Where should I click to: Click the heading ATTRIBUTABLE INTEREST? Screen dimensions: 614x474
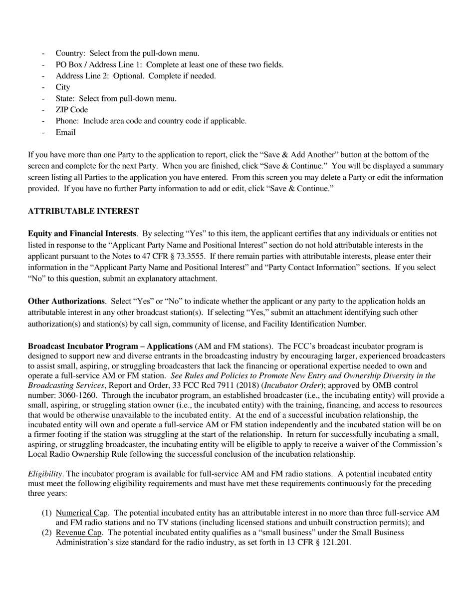coord(83,211)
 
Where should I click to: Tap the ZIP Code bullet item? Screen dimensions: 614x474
coord(71,109)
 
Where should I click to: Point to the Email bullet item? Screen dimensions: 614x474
coord(65,132)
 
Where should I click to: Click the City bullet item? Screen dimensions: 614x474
coord(63,87)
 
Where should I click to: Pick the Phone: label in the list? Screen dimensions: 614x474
coord(68,121)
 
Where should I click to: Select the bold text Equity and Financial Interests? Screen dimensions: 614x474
coord(82,234)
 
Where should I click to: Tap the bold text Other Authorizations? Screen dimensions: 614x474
coord(66,301)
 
